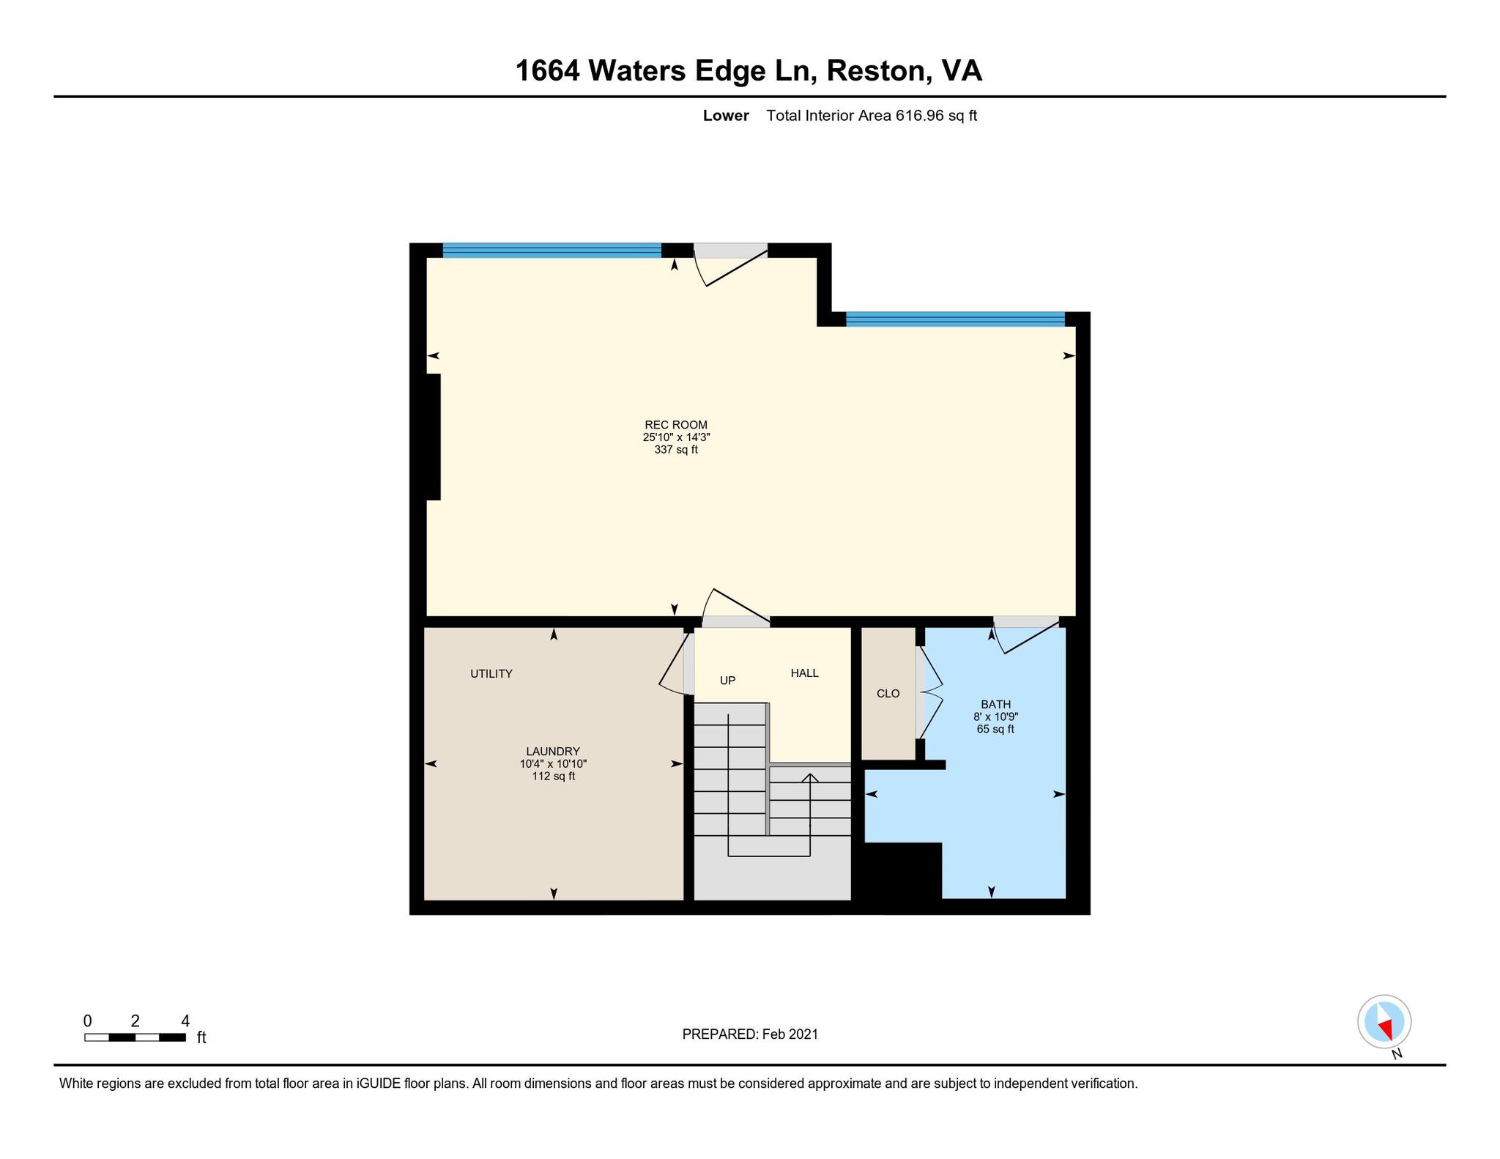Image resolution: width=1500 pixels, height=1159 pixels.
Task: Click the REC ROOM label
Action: point(676,425)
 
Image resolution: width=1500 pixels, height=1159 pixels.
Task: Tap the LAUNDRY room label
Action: point(553,751)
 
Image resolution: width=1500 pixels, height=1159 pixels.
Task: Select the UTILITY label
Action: point(491,674)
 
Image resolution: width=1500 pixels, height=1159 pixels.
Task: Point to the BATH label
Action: point(995,705)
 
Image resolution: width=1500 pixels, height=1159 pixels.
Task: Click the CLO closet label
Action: point(888,694)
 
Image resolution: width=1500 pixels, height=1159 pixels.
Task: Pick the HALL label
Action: point(805,673)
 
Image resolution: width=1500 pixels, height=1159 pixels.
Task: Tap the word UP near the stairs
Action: point(727,681)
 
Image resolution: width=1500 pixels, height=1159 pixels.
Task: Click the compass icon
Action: point(1384,1021)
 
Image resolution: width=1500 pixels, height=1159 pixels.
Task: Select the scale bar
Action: point(135,1037)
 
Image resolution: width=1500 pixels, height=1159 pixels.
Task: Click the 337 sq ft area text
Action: point(676,450)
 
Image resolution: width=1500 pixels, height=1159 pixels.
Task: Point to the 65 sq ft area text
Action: point(995,730)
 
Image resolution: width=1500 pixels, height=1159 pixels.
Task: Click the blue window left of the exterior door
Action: point(552,250)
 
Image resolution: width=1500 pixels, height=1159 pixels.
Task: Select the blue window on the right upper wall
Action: point(955,319)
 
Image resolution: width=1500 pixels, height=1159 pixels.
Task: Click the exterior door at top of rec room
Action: point(730,263)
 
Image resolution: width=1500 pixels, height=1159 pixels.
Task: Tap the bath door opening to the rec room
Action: point(1026,634)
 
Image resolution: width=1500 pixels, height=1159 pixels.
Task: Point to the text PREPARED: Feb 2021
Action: point(750,1034)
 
